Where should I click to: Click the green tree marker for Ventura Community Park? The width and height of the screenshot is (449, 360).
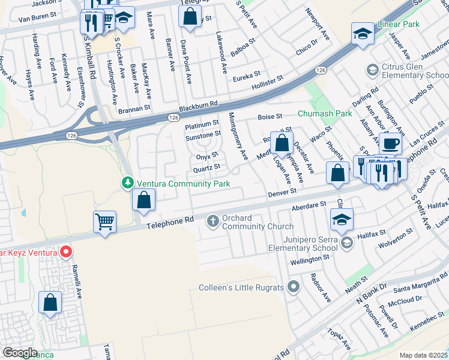click(127, 182)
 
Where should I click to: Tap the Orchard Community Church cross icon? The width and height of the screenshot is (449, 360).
click(212, 221)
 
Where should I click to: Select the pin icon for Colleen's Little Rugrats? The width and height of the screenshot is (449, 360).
click(293, 287)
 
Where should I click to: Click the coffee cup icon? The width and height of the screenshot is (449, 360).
click(391, 144)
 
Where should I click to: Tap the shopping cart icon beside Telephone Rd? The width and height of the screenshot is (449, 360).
click(105, 221)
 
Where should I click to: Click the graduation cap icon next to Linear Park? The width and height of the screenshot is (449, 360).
click(363, 34)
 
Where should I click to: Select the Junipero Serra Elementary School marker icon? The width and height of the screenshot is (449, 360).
click(346, 242)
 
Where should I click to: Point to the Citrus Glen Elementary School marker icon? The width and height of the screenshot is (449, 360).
click(372, 71)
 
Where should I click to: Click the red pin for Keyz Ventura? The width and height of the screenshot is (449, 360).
click(67, 252)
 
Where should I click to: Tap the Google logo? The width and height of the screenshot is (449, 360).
click(20, 353)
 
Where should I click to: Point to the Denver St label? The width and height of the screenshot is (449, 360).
click(282, 193)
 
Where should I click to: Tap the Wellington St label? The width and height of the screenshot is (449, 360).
click(311, 257)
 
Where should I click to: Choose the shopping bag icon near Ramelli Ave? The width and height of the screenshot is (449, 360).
click(50, 302)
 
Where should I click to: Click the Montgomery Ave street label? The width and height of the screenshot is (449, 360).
click(238, 136)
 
